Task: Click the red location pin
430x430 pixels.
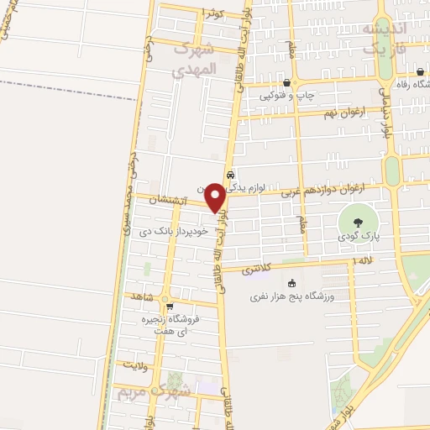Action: click(x=215, y=196)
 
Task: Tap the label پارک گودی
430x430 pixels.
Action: click(x=360, y=238)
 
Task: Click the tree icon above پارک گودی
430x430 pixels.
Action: click(x=359, y=223)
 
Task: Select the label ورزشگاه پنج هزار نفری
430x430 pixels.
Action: click(x=293, y=296)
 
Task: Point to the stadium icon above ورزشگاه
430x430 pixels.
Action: click(x=291, y=282)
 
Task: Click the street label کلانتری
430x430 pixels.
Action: click(x=257, y=270)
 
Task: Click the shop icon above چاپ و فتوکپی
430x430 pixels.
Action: click(x=288, y=82)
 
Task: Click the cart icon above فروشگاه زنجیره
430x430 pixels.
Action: click(x=170, y=307)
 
